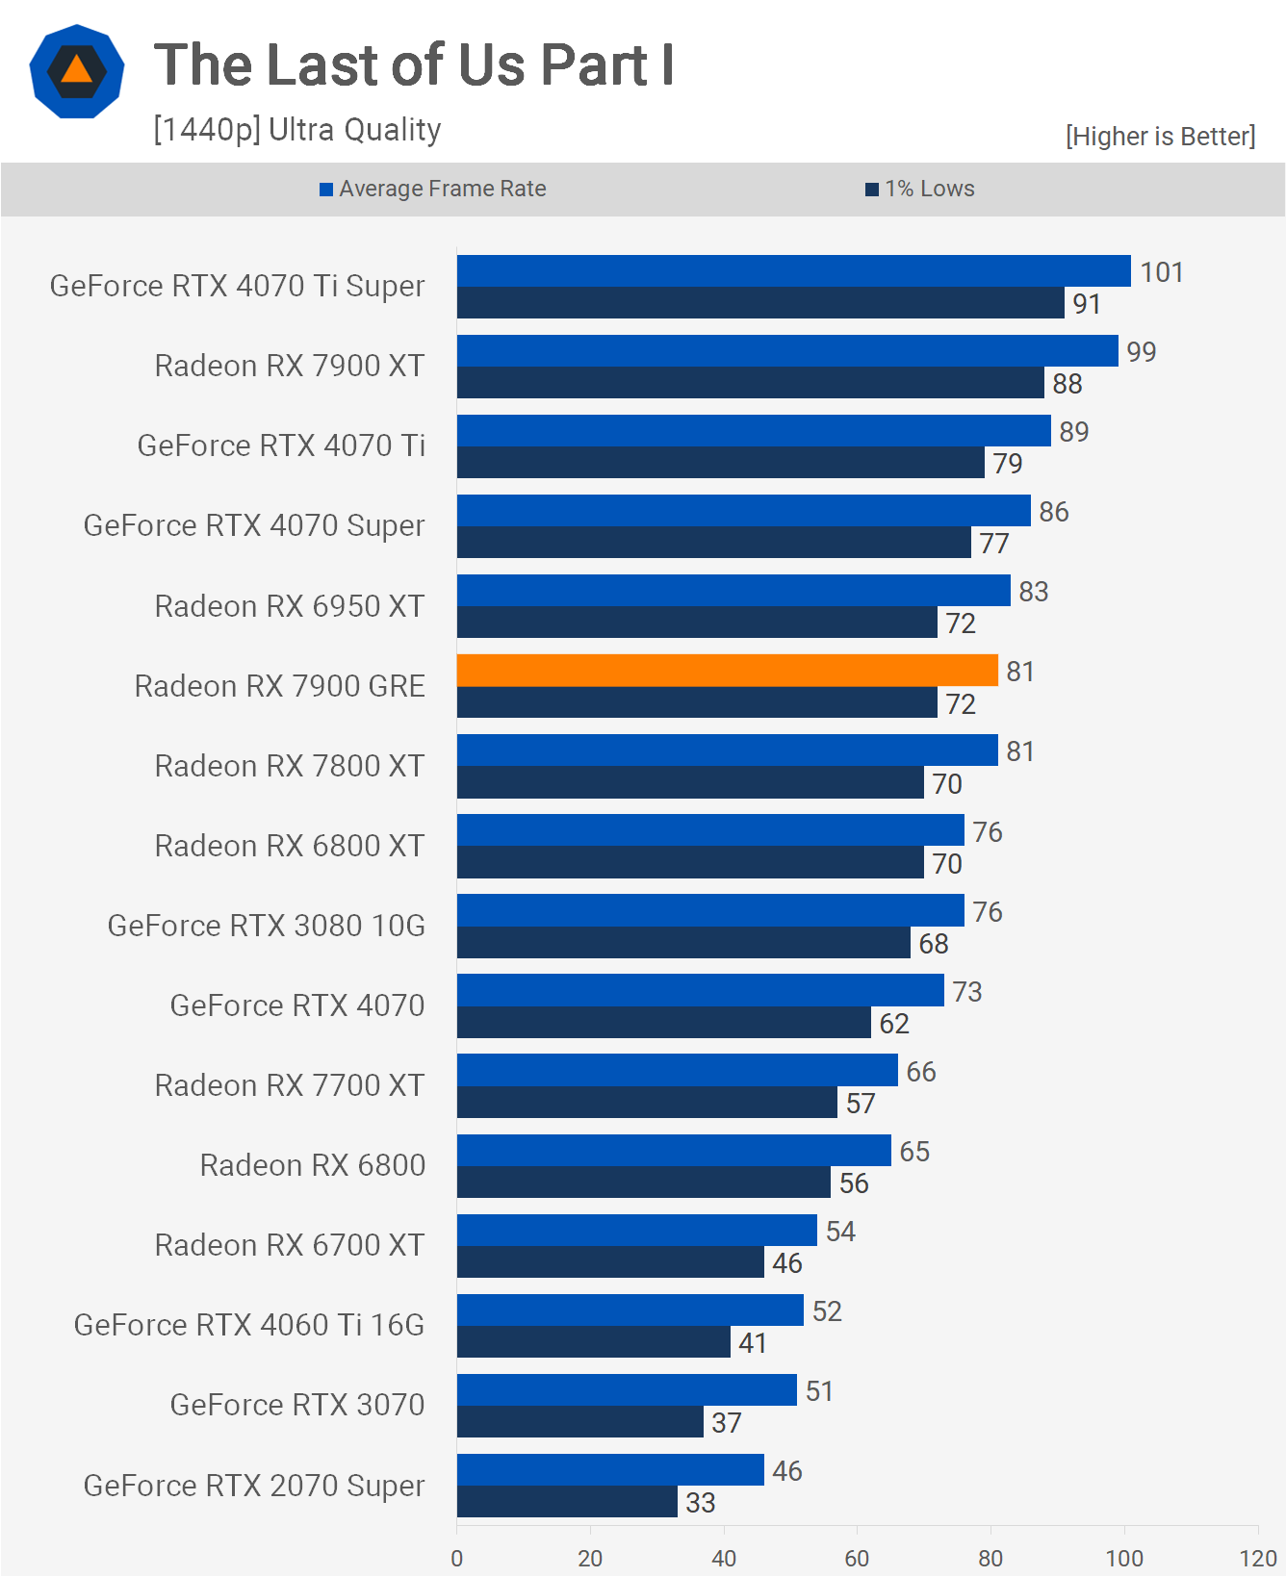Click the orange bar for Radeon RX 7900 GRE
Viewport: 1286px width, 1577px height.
pos(727,670)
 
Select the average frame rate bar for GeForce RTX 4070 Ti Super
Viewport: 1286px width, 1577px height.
pos(793,270)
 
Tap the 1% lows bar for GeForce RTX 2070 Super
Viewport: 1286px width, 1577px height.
pos(567,1501)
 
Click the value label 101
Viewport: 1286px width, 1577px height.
pos(1161,272)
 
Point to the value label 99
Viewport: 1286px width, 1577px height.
pos(1141,352)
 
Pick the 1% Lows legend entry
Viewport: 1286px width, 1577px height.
pos(920,189)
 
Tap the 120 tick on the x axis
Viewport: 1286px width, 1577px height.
pos(1257,1558)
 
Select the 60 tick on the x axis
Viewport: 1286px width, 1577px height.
pos(857,1558)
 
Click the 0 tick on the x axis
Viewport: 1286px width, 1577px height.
pos(456,1558)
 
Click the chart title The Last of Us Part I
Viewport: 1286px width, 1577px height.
pos(414,65)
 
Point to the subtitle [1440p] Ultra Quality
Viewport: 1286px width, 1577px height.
pos(296,129)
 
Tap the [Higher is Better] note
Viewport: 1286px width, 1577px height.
pos(1160,137)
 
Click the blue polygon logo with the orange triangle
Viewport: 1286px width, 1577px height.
pos(77,71)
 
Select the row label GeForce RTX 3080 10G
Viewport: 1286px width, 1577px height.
pos(266,926)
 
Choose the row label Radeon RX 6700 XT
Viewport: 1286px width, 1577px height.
pos(289,1245)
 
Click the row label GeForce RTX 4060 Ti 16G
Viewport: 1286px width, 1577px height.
pos(248,1325)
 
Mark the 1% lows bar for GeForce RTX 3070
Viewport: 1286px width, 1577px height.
pos(579,1421)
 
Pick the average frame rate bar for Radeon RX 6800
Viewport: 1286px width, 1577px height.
pos(674,1150)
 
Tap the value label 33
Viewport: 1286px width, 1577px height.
pos(700,1503)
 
